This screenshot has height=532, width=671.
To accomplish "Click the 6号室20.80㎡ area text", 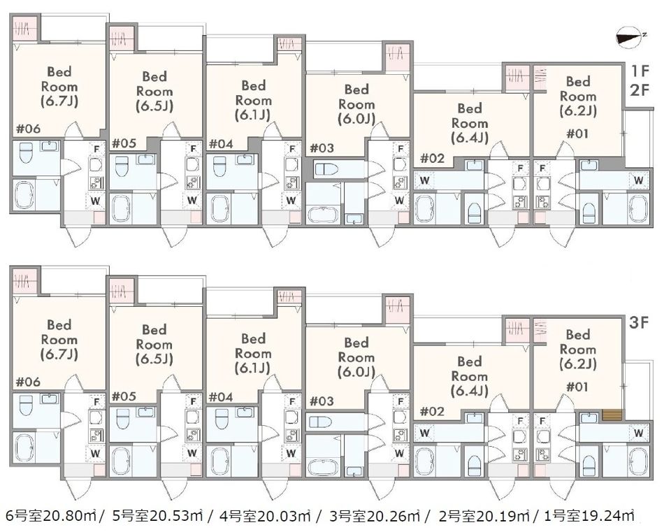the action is [50, 516].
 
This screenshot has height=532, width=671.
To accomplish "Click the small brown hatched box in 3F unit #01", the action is [612, 415].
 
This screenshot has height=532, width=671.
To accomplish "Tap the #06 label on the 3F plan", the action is [28, 382].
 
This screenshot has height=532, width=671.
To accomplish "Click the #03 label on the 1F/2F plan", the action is [322, 148].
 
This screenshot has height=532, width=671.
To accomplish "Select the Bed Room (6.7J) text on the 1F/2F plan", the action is [59, 87].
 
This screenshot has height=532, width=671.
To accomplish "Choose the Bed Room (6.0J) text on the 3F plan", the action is [356, 357].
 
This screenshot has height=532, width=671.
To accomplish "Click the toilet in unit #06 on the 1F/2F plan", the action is [27, 153].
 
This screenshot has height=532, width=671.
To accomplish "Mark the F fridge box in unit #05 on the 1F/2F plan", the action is [193, 149].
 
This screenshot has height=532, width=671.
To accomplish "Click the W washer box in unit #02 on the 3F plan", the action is [424, 433].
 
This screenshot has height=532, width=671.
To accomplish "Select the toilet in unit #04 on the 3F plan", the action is [220, 419].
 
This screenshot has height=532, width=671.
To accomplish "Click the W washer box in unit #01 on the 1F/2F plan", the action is [638, 180].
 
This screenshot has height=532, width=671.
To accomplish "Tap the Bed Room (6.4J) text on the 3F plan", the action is [470, 376].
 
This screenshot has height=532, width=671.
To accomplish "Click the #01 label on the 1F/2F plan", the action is [577, 134].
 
